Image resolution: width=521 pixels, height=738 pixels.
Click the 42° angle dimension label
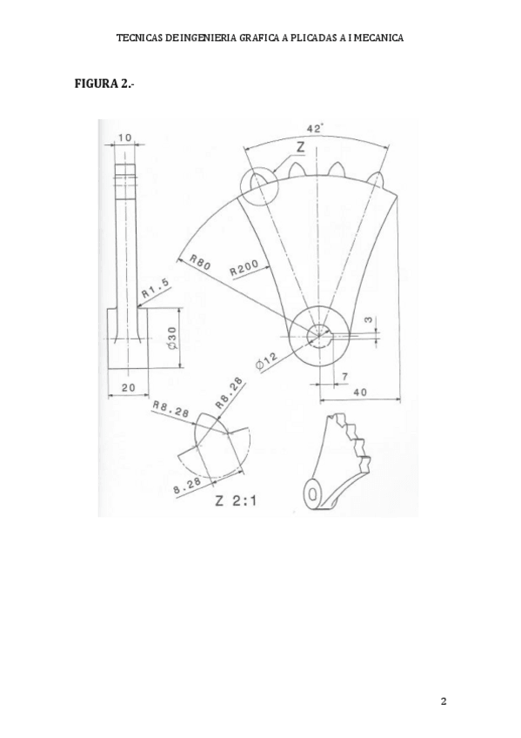315,129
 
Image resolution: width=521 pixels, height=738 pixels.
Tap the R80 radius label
201,261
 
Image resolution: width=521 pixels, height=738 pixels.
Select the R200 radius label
244,268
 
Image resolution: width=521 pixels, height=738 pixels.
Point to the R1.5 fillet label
155,287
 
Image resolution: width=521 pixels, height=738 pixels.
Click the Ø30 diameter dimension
171,338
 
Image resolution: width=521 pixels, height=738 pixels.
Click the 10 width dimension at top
124,138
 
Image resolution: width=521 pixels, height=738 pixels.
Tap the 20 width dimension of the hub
128,387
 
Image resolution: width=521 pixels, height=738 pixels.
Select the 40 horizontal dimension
361,391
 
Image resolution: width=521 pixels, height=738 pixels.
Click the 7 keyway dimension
344,376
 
